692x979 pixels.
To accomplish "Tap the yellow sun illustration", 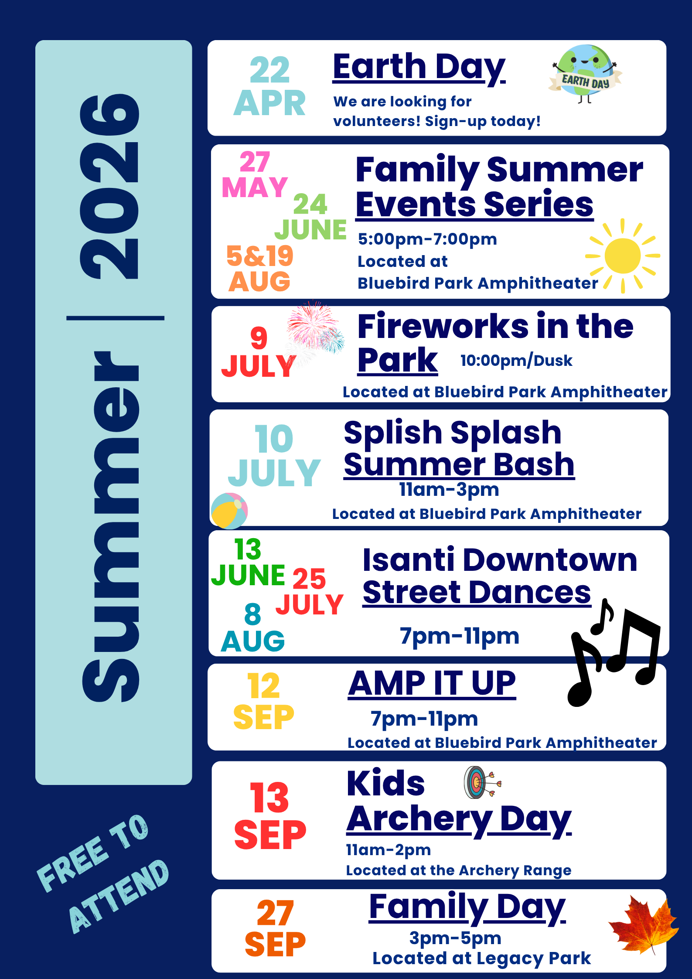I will point(623,256).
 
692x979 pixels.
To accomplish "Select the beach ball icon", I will point(229,511).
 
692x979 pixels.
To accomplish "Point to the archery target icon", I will point(480,782).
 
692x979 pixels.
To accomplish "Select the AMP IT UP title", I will point(432,683).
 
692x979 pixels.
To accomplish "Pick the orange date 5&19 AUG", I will point(260,268).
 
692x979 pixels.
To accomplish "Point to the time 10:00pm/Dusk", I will point(516,361).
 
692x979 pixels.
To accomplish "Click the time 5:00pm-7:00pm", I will point(427,239).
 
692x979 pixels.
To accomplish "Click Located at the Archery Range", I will point(458,870).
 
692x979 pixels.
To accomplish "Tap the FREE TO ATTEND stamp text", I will point(102,874).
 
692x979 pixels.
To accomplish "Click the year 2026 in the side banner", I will point(110,188).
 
